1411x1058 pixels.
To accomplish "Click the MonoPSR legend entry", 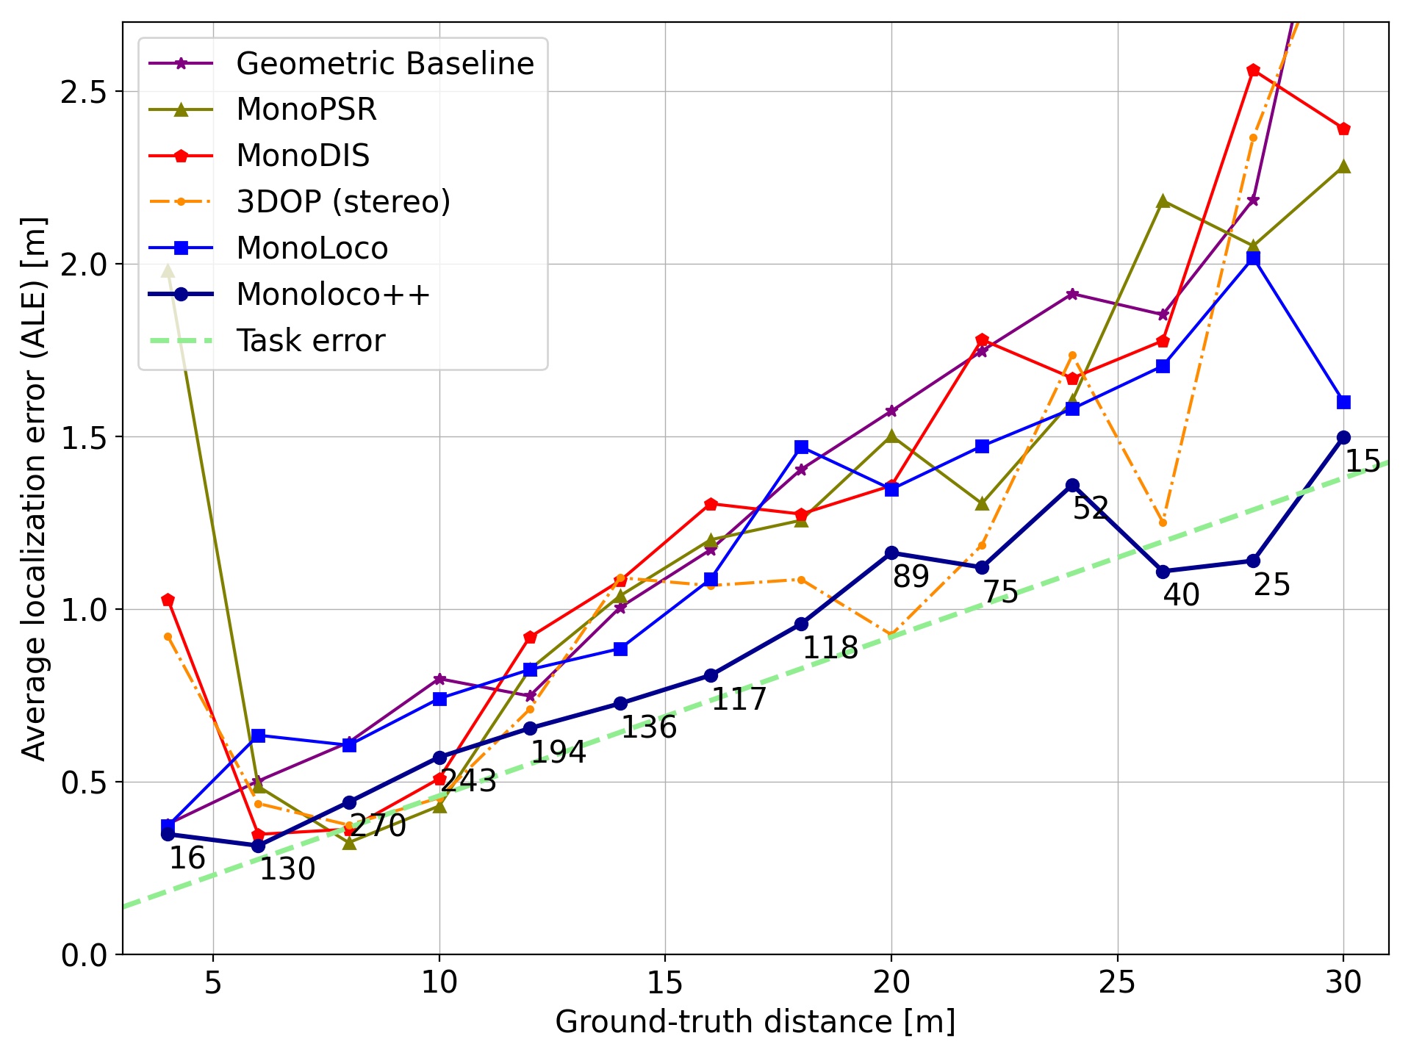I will point(306,109).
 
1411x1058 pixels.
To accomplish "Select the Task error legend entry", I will point(310,341).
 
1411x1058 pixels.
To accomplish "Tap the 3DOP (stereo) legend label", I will point(343,201).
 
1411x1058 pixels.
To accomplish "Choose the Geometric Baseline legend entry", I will point(384,64).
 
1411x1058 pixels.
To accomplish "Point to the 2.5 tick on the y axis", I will point(83,92).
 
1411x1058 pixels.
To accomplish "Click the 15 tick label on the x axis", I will point(665,982).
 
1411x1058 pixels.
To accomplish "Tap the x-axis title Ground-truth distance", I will point(755,1022).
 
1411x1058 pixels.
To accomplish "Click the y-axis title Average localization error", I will point(34,489).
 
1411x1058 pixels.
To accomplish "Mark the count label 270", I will point(378,826).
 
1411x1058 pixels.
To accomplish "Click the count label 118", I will point(830,648).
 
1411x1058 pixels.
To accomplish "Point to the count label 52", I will point(1091,508).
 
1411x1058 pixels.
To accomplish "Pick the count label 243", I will point(469,781).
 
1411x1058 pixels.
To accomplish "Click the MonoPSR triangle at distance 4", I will point(168,271).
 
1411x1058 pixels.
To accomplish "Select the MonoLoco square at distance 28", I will point(1253,258).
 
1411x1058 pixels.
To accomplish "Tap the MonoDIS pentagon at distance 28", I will point(1253,71).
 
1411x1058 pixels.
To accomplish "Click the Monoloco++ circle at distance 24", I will point(1072,486).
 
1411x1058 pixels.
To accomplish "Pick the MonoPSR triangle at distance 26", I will point(1163,201).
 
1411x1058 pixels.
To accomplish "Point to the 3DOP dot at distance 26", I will point(1163,523).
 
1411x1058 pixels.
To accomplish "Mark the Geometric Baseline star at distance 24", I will point(1072,295).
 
